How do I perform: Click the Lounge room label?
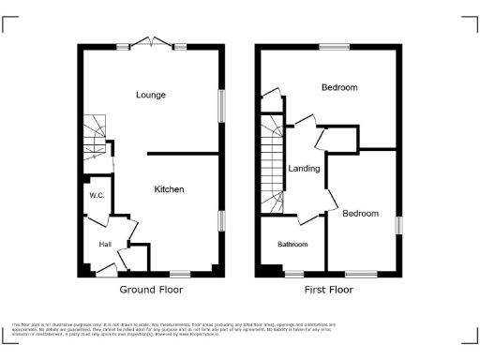point(151,95)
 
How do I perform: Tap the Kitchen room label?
point(169,189)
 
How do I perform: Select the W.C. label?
point(97,196)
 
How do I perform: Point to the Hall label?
point(106,244)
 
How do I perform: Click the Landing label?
point(305,169)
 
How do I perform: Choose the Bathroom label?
point(292,244)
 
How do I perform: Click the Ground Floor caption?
point(151,291)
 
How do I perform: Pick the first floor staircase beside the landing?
point(272,164)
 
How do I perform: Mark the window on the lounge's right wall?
point(222,104)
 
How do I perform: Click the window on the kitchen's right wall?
point(222,220)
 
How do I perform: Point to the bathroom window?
point(294,273)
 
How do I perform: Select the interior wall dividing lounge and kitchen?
point(184,154)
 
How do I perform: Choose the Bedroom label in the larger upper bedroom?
point(339,87)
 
